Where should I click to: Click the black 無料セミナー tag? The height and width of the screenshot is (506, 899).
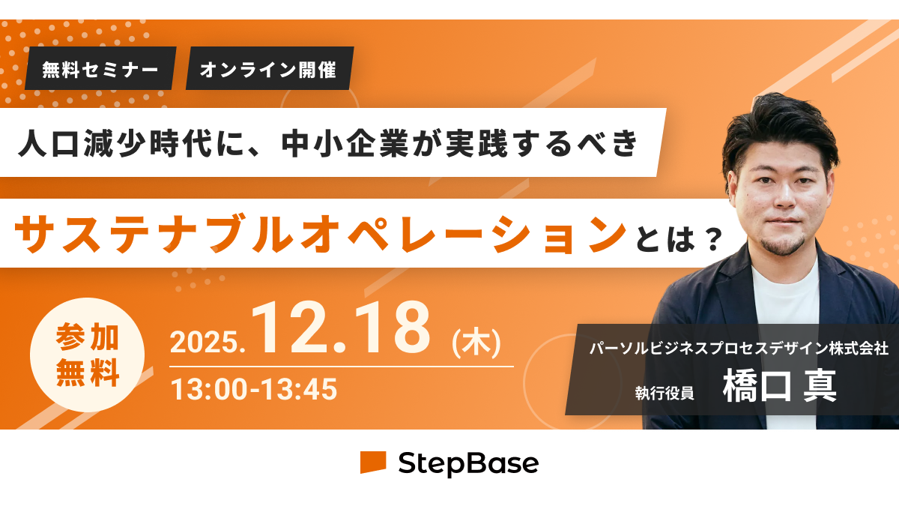coord(100,68)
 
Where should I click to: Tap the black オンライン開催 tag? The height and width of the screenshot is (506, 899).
coord(270,68)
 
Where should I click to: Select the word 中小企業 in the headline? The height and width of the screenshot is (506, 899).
coord(345,143)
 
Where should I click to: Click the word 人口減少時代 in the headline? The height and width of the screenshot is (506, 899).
coord(115,143)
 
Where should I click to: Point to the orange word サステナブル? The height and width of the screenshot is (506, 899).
coord(154,234)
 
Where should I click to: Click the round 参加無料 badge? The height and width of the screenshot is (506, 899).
coord(87,355)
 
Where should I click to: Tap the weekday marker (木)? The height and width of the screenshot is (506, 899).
coord(476,342)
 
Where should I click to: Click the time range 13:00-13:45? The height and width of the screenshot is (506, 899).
coord(254,389)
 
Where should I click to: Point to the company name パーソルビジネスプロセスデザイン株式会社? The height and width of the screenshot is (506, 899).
coord(739,348)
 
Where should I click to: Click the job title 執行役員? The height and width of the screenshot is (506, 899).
coord(665,393)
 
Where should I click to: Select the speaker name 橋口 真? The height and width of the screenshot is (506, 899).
coord(780,386)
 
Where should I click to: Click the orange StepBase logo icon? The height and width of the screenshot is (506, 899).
coord(373,463)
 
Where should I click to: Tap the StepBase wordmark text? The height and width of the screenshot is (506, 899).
coord(468,464)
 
